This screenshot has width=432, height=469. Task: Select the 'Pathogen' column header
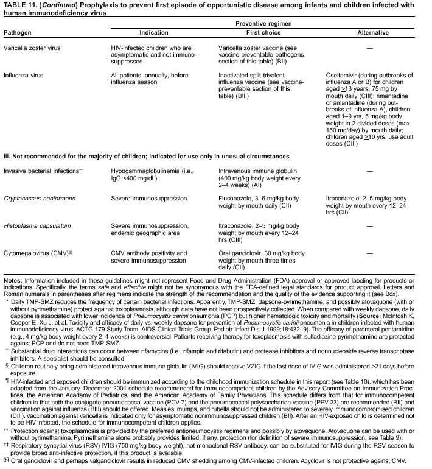tap(18, 33)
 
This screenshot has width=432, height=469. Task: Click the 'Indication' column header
tap(153, 33)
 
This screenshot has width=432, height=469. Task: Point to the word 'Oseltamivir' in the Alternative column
tap(344, 76)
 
